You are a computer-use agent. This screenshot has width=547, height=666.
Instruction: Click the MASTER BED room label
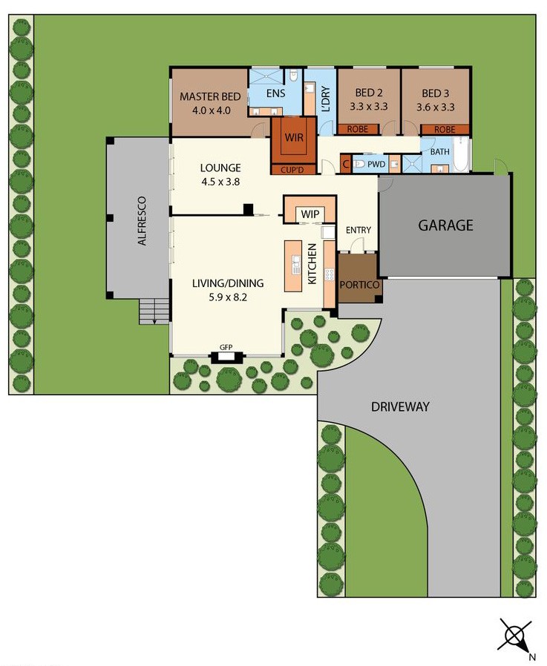coord(210,97)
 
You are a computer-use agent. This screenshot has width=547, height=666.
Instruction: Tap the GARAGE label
coord(445,225)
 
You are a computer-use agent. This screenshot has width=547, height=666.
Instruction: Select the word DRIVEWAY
coord(400,407)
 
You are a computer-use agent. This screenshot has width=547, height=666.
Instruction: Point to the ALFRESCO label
coord(142,221)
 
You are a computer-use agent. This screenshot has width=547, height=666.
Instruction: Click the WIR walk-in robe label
coord(294,137)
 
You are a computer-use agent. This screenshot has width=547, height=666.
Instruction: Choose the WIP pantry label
coord(309,214)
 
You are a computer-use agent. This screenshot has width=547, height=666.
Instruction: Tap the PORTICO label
coord(359,285)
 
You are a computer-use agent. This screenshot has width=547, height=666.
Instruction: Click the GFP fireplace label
coord(226,347)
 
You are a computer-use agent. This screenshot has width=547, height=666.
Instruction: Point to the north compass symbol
coord(516,636)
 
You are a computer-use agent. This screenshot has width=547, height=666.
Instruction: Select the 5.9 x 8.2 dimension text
coord(228,297)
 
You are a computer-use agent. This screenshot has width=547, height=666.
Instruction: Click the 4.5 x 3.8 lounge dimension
coord(220,182)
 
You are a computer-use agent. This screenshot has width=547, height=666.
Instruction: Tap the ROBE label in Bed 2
coord(358,129)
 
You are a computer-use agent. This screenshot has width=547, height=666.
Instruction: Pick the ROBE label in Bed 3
coord(445,129)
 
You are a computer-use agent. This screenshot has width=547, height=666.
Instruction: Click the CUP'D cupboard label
coord(292,170)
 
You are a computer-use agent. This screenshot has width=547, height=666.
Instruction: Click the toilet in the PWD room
coord(358,164)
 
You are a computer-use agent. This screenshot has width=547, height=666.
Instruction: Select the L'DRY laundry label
coord(326,99)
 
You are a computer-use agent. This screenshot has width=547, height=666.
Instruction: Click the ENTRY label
coord(358,230)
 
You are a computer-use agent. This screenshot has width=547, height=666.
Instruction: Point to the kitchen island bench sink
coord(296,265)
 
